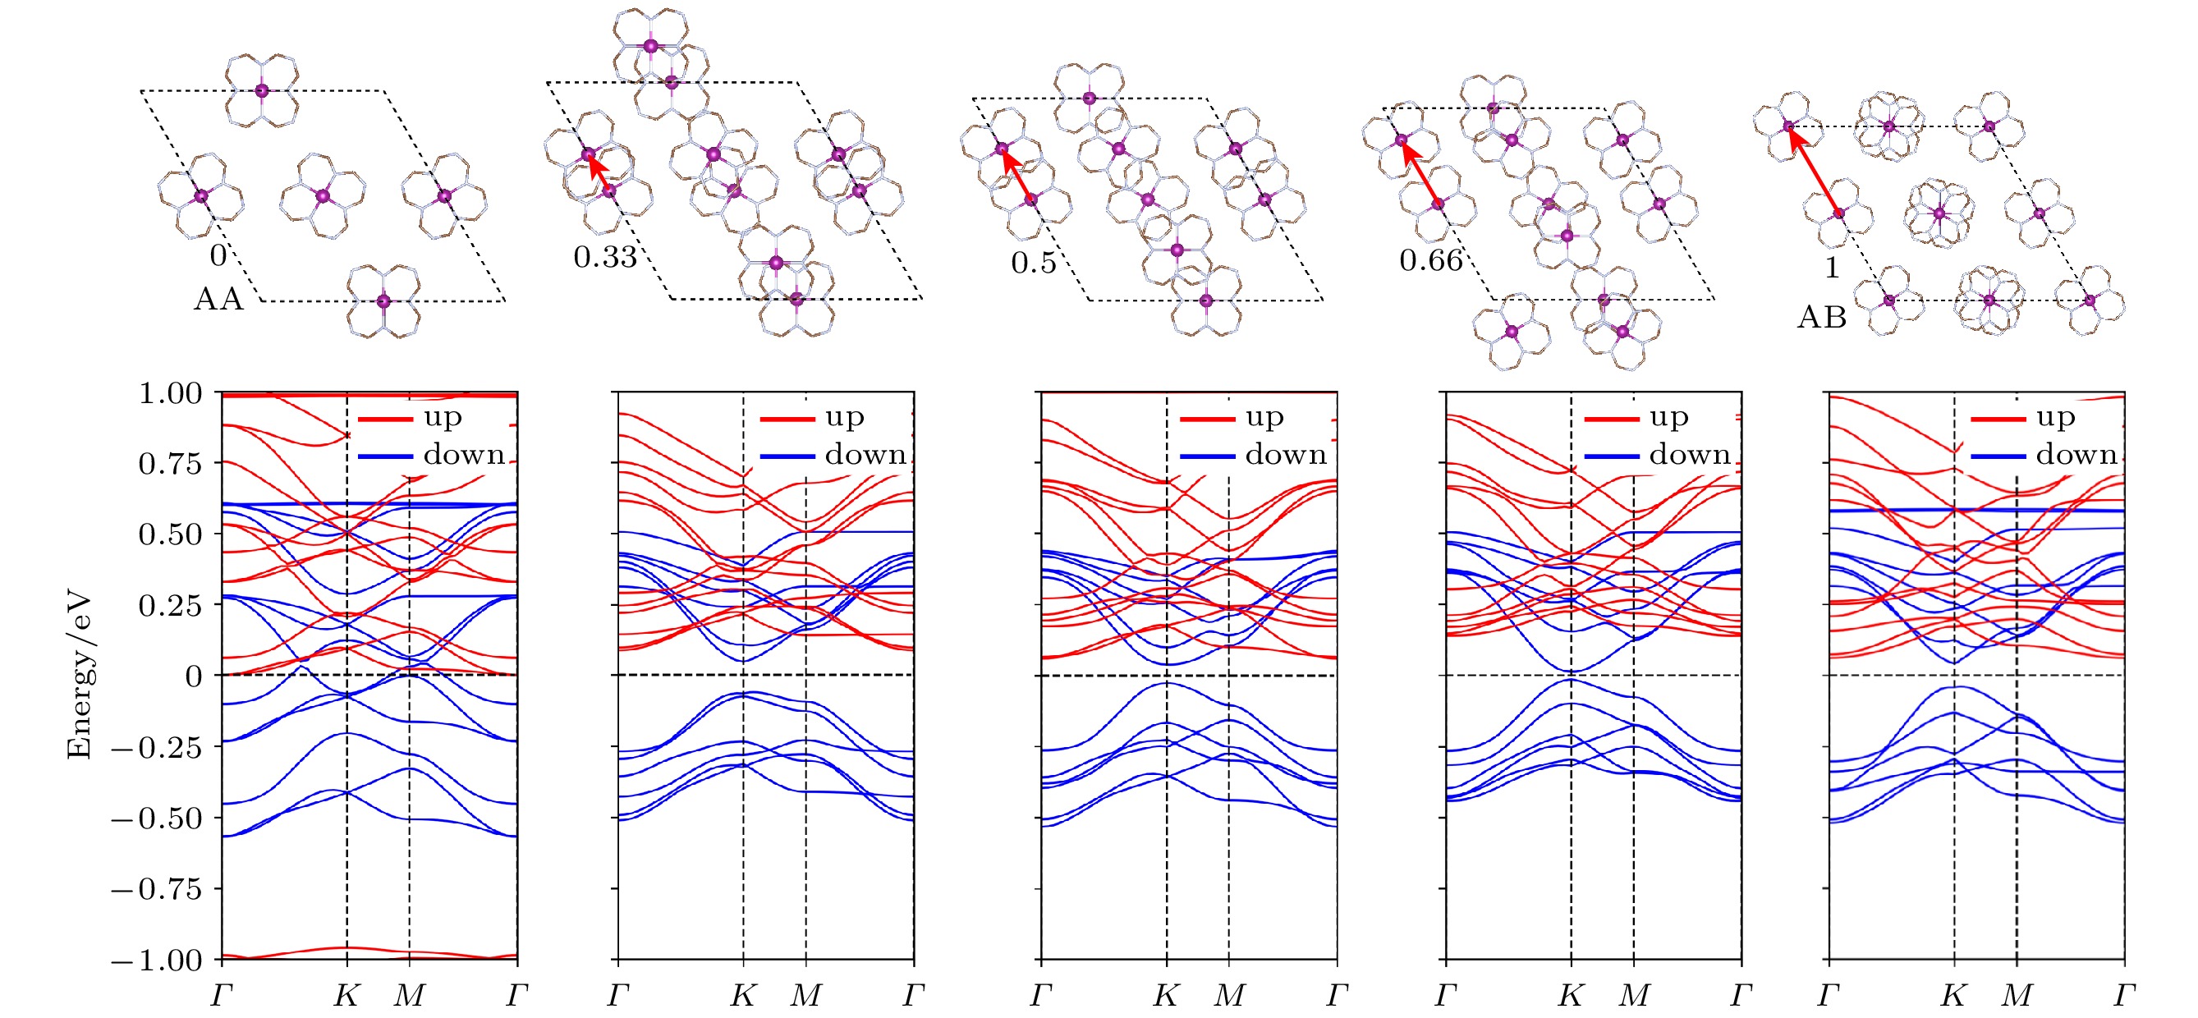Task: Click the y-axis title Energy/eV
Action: click(80, 676)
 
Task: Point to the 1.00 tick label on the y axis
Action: click(170, 393)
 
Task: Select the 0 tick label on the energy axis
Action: click(194, 676)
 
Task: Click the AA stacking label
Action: click(218, 300)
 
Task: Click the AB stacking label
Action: click(1822, 318)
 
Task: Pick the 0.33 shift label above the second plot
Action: click(605, 256)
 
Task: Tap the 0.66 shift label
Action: click(1431, 259)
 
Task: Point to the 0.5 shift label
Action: click(1033, 262)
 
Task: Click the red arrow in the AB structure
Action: click(1813, 169)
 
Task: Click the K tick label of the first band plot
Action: click(346, 995)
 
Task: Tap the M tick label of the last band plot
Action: click(2017, 995)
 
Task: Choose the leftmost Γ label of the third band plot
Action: click(1041, 995)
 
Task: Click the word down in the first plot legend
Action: click(464, 454)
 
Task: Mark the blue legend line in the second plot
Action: click(787, 456)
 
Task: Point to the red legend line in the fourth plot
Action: click(1611, 419)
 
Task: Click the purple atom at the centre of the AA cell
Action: click(323, 196)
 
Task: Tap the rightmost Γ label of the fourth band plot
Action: click(1741, 995)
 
